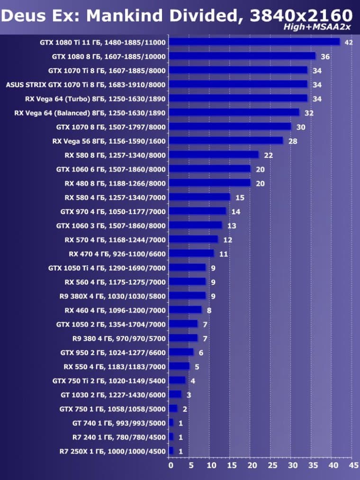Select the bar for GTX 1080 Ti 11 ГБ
point(254,42)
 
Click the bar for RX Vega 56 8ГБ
point(226,141)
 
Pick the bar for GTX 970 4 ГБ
point(198,211)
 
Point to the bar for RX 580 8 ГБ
point(214,155)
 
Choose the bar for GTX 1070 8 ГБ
point(230,127)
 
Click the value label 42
point(349,43)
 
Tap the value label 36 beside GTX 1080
point(325,57)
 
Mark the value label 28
point(293,141)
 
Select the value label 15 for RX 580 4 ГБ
point(240,198)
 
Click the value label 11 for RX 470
point(224,254)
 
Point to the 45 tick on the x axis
point(353,465)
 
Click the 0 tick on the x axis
point(171,465)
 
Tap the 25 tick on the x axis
point(272,465)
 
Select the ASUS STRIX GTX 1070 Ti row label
point(86,85)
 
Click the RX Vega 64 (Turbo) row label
point(95,99)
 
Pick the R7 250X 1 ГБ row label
point(113,451)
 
